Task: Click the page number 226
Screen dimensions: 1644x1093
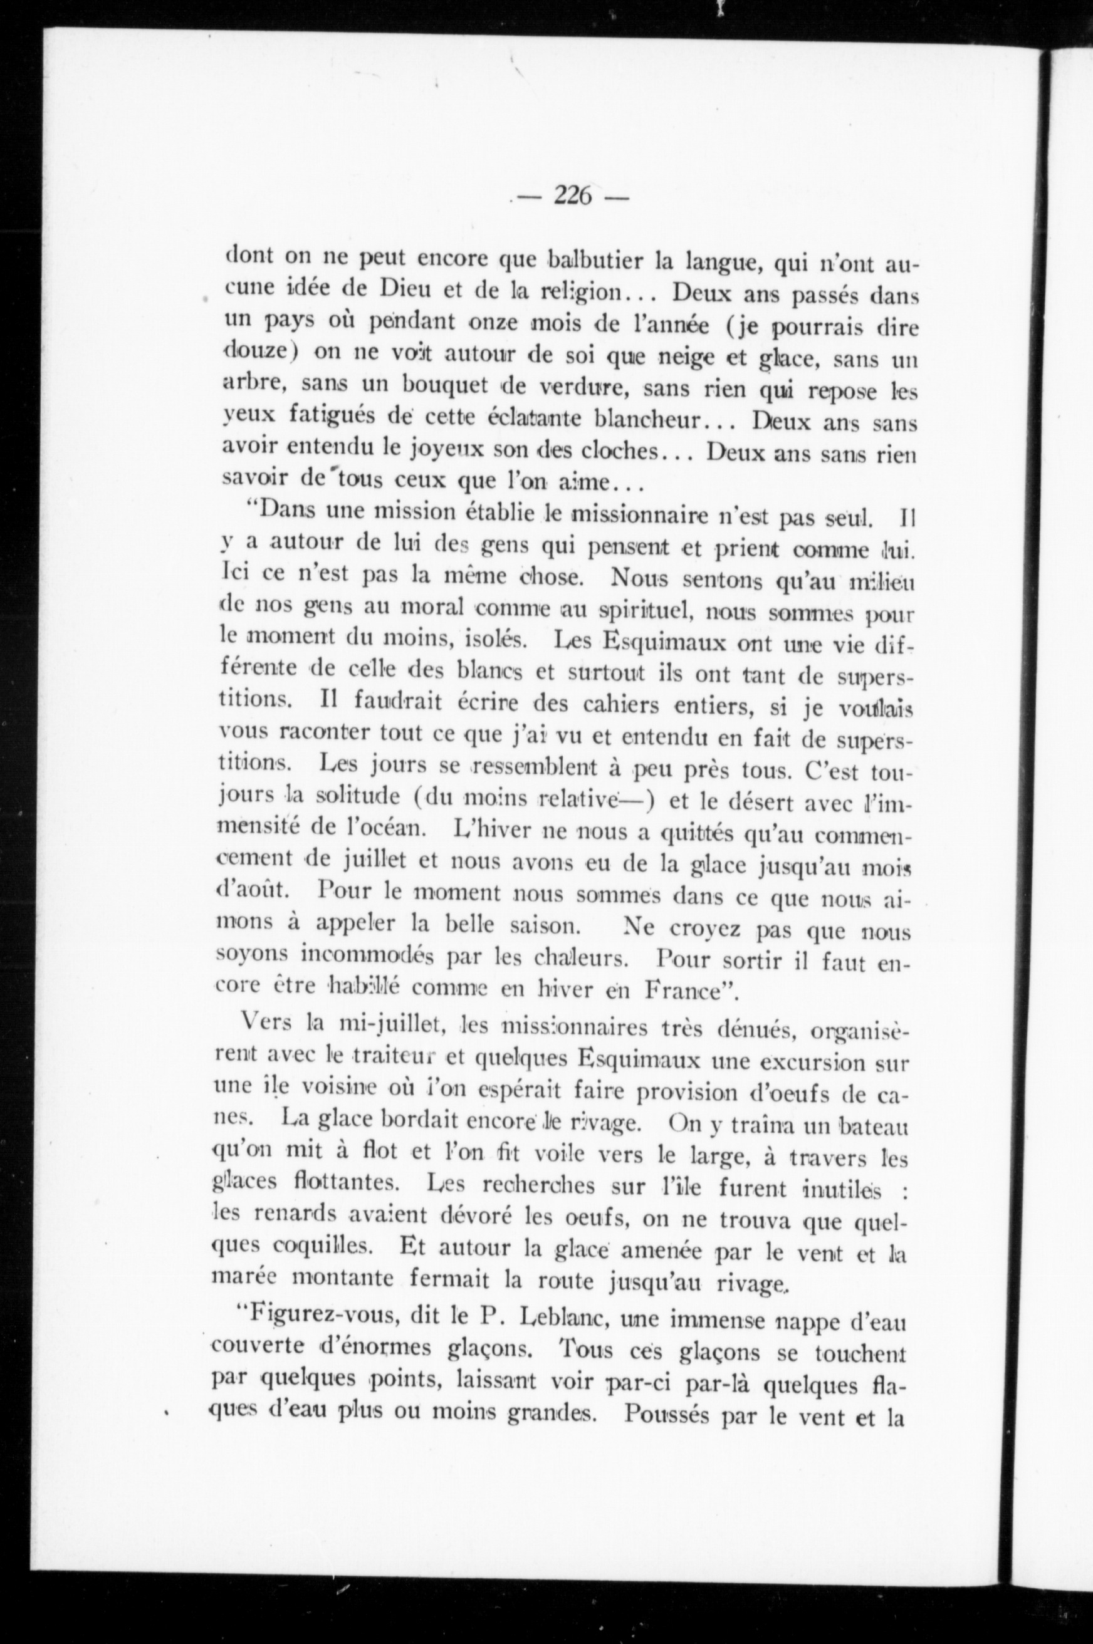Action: pos(572,197)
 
